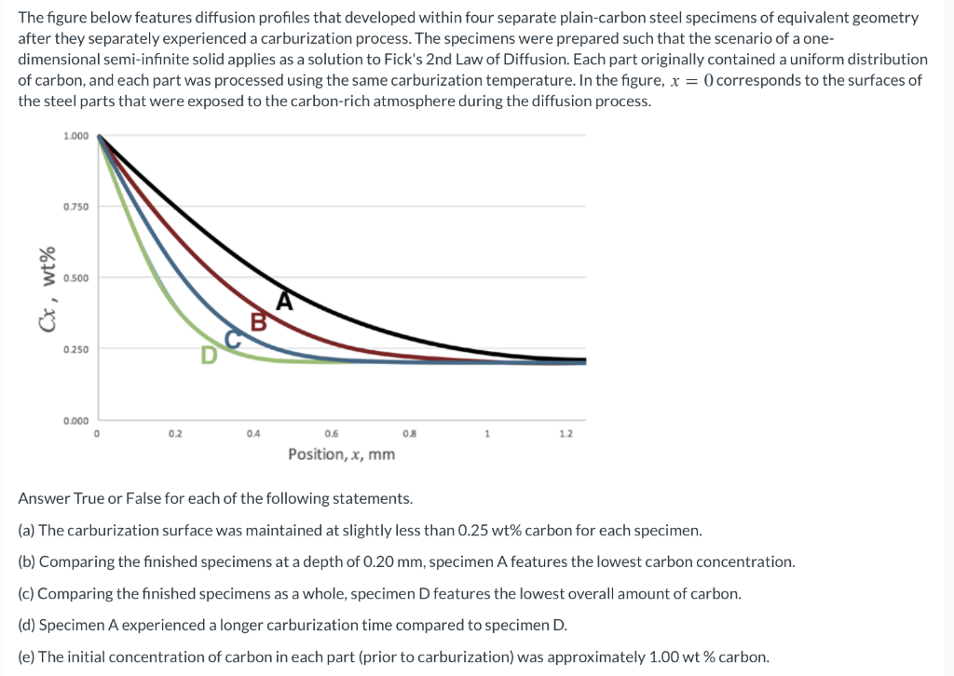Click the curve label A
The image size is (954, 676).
(285, 300)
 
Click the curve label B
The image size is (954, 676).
(260, 322)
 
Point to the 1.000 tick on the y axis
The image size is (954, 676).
(76, 136)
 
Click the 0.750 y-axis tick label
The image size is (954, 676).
(76, 207)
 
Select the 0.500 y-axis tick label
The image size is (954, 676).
(76, 278)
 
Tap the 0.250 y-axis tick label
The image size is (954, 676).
(76, 349)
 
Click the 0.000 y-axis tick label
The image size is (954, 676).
(76, 421)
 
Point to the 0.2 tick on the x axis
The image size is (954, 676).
(175, 434)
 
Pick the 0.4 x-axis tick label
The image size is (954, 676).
(253, 434)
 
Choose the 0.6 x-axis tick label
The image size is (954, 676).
(332, 434)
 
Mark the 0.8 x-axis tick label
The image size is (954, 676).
(409, 434)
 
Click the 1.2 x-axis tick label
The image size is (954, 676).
(566, 434)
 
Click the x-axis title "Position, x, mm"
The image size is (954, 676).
(341, 454)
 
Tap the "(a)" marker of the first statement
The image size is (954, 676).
(27, 531)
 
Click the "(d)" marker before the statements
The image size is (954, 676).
(27, 625)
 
